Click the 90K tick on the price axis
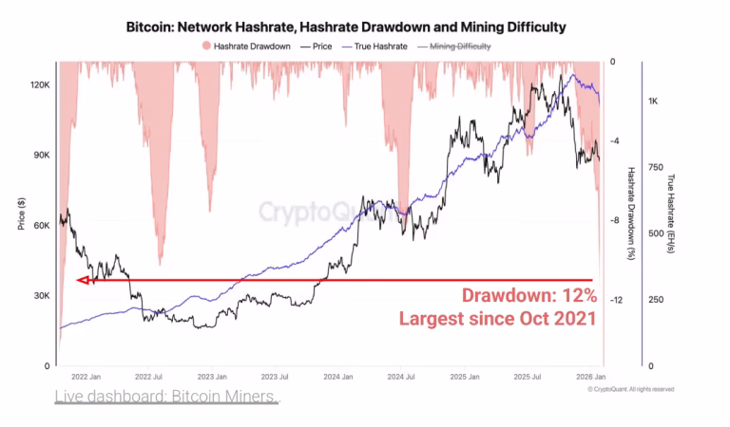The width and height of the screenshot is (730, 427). coord(38,156)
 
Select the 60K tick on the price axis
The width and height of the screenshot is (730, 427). coord(38,226)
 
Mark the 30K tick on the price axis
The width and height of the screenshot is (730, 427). coord(38,296)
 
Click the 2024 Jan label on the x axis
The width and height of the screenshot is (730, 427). coord(337,376)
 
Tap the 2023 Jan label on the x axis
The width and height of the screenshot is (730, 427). coord(212,376)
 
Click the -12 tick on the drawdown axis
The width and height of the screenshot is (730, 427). coord(616,300)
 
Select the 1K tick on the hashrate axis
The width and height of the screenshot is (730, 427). coord(653,101)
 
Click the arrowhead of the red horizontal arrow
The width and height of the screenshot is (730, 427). coord(82,280)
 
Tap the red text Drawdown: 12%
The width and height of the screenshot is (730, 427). coord(528,295)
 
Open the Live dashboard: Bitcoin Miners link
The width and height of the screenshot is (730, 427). coord(166,395)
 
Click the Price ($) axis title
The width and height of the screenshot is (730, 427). coord(20,213)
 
